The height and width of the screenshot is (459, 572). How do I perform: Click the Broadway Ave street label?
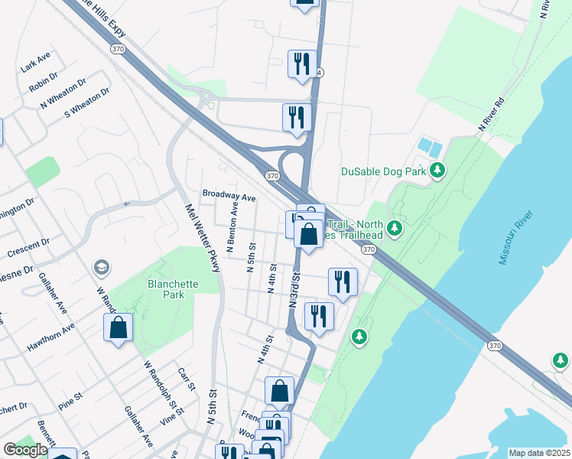(x=228, y=196)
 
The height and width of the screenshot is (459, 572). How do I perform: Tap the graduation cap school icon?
(x=100, y=267)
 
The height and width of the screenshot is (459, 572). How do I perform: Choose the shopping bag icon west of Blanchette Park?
(x=119, y=328)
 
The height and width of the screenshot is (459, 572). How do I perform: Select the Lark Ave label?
(x=35, y=62)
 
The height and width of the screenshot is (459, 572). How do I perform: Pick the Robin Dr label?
(x=43, y=80)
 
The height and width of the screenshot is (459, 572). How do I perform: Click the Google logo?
(x=25, y=450)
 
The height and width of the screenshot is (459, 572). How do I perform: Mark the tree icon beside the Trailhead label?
(x=394, y=228)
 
